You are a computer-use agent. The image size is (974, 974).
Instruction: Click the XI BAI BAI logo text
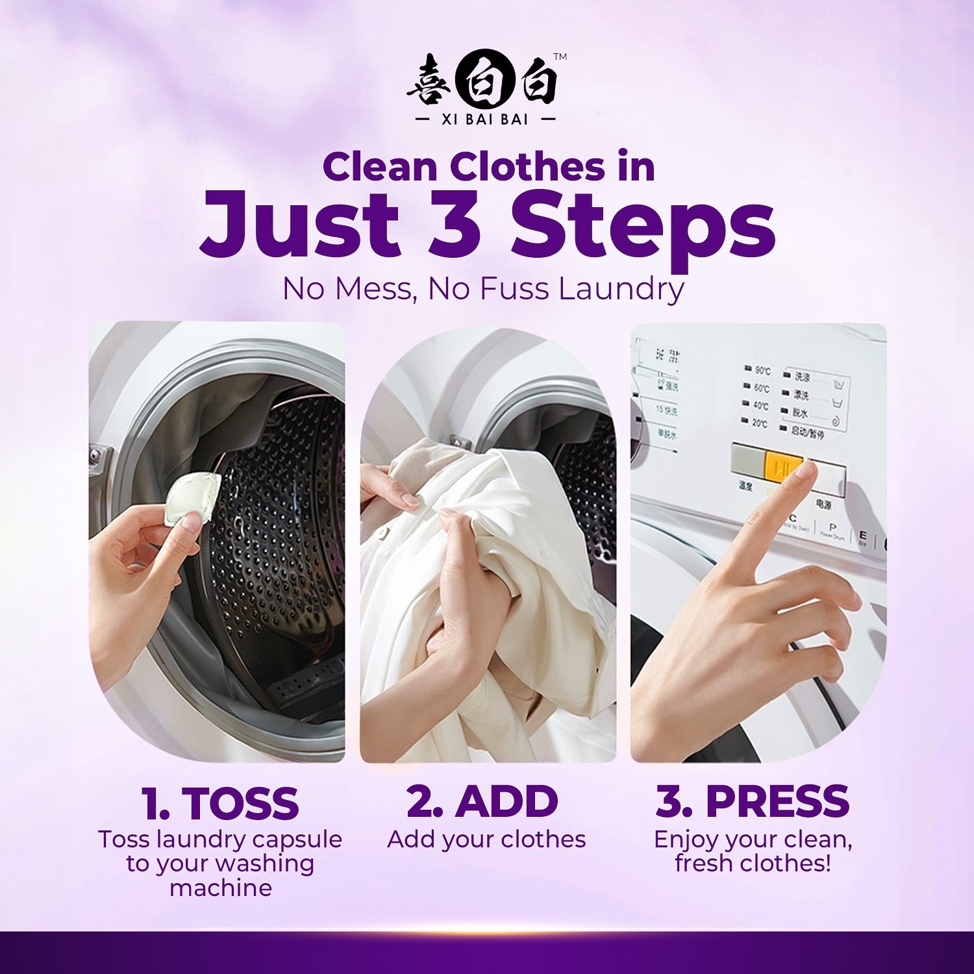[x=484, y=119]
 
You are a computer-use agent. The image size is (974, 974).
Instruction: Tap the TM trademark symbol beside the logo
[x=560, y=57]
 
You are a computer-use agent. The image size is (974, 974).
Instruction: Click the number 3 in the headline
[x=455, y=223]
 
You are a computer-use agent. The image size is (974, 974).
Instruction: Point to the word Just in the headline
[x=299, y=223]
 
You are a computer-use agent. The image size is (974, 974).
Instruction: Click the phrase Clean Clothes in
[x=488, y=167]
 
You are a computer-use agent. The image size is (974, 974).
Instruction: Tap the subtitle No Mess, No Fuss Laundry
[x=484, y=289]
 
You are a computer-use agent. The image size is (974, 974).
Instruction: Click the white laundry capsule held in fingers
[x=192, y=499]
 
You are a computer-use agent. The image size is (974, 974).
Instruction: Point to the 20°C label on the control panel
[x=760, y=423]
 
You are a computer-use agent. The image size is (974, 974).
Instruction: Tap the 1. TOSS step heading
[x=220, y=803]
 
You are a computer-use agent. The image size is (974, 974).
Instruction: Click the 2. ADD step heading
[x=482, y=801]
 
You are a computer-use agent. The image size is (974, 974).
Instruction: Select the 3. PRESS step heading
[x=753, y=801]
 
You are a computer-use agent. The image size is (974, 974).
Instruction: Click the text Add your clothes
[x=486, y=840]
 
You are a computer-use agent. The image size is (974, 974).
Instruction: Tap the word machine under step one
[x=221, y=888]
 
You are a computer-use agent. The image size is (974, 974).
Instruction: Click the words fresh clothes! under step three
[x=753, y=864]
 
